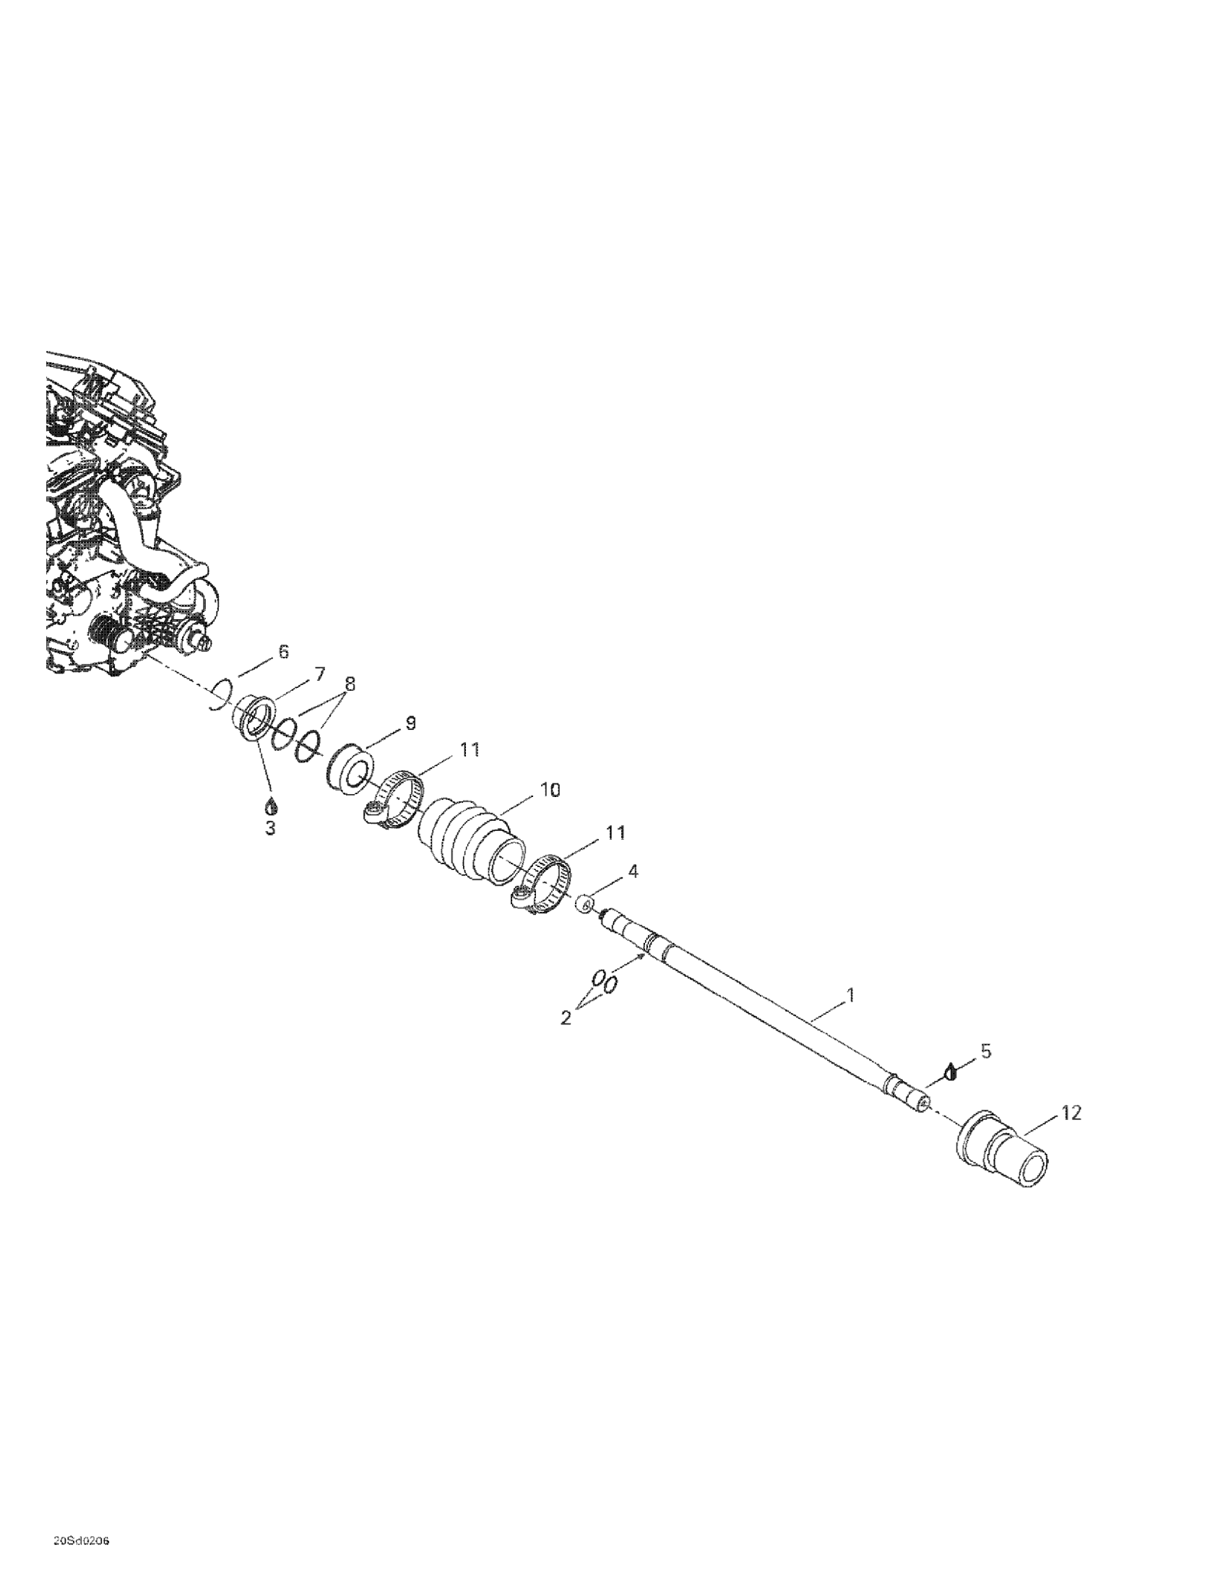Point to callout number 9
tap(410, 723)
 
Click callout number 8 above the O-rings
tap(350, 684)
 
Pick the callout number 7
tap(319, 674)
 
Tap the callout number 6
tap(284, 651)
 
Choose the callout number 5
tap(986, 1051)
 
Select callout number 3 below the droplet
tap(270, 828)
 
